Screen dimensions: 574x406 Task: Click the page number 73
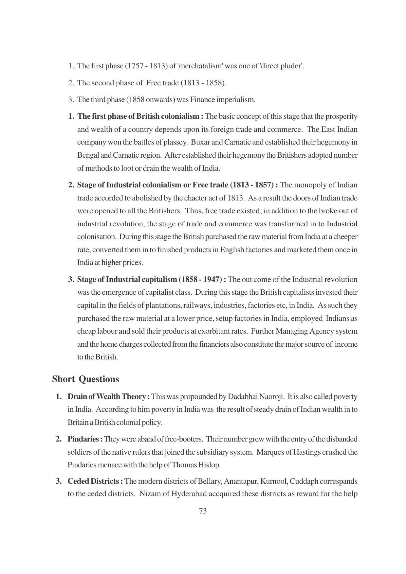203,511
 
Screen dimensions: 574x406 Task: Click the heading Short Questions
85,379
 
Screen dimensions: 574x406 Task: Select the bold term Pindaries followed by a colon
85,439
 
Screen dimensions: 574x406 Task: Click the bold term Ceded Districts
95,481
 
